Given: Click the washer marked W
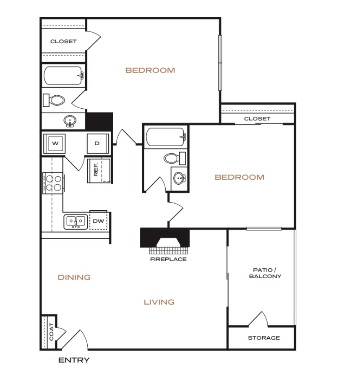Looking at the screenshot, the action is pyautogui.click(x=55, y=144).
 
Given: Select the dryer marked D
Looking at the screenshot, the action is pyautogui.click(x=98, y=144).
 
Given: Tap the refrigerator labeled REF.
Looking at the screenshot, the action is pyautogui.click(x=99, y=170).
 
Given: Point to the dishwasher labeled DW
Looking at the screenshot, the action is pyautogui.click(x=99, y=220).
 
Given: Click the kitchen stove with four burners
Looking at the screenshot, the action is pyautogui.click(x=53, y=183).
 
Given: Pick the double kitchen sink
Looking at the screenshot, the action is pyautogui.click(x=76, y=222).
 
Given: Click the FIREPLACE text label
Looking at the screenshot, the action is pyautogui.click(x=168, y=259).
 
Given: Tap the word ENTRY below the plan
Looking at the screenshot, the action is pyautogui.click(x=74, y=360).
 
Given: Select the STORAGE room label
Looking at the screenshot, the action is pyautogui.click(x=264, y=337).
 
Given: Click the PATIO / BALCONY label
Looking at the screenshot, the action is pyautogui.click(x=265, y=273).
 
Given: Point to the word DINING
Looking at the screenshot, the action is pyautogui.click(x=74, y=277).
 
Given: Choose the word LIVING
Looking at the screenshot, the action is pyautogui.click(x=159, y=302).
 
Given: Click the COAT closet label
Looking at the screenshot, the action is pyautogui.click(x=51, y=332).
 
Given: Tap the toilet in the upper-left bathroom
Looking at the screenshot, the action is pyautogui.click(x=54, y=100).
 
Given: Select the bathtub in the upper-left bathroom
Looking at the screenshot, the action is pyautogui.click(x=64, y=76).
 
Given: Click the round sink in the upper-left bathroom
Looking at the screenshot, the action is pyautogui.click(x=70, y=121).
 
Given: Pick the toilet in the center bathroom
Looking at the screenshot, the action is pyautogui.click(x=175, y=158).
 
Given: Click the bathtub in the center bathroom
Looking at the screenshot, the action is pyautogui.click(x=166, y=137).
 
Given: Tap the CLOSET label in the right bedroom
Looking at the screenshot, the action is pyautogui.click(x=257, y=119).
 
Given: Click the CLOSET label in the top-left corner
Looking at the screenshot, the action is pyautogui.click(x=63, y=42).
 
